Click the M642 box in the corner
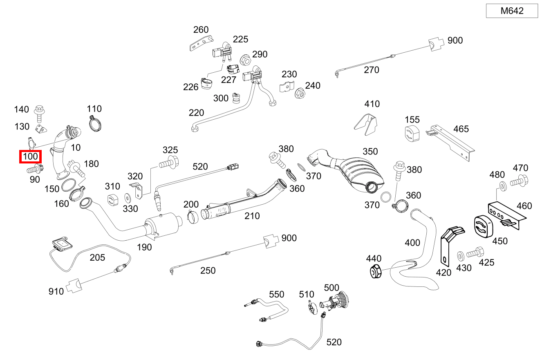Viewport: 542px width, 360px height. (512, 11)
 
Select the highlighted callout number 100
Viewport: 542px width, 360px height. (30, 157)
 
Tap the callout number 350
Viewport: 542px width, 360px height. (370, 152)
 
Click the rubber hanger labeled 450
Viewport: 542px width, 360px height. (484, 227)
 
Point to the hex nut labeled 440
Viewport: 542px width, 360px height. (375, 272)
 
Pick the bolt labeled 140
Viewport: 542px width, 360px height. (40, 112)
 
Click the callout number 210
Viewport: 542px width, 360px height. (252, 216)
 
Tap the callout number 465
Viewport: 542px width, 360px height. (461, 129)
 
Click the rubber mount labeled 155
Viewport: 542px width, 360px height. (412, 135)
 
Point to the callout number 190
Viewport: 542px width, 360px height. (144, 247)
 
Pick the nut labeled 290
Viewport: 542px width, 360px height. (245, 60)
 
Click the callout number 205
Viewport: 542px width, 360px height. (97, 257)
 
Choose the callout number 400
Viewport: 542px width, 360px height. (412, 243)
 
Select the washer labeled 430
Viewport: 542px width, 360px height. (460, 256)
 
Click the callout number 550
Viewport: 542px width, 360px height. (276, 294)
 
